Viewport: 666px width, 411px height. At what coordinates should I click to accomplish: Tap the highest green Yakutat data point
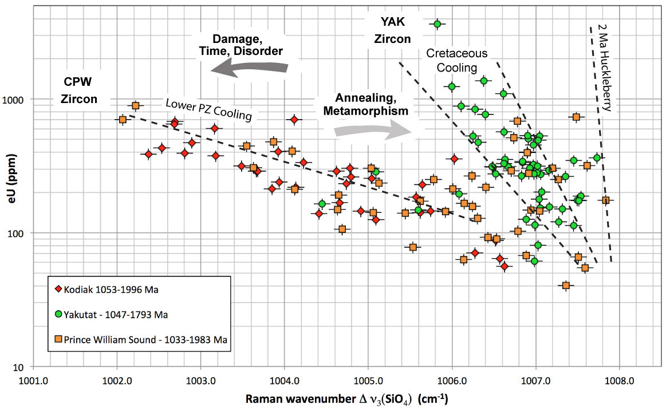(438, 23)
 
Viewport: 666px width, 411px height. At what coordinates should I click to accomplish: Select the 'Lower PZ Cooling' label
(208, 109)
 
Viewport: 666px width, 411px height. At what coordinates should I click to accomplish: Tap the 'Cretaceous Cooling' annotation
(457, 60)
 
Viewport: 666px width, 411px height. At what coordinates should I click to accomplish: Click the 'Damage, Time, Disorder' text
(247, 45)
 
